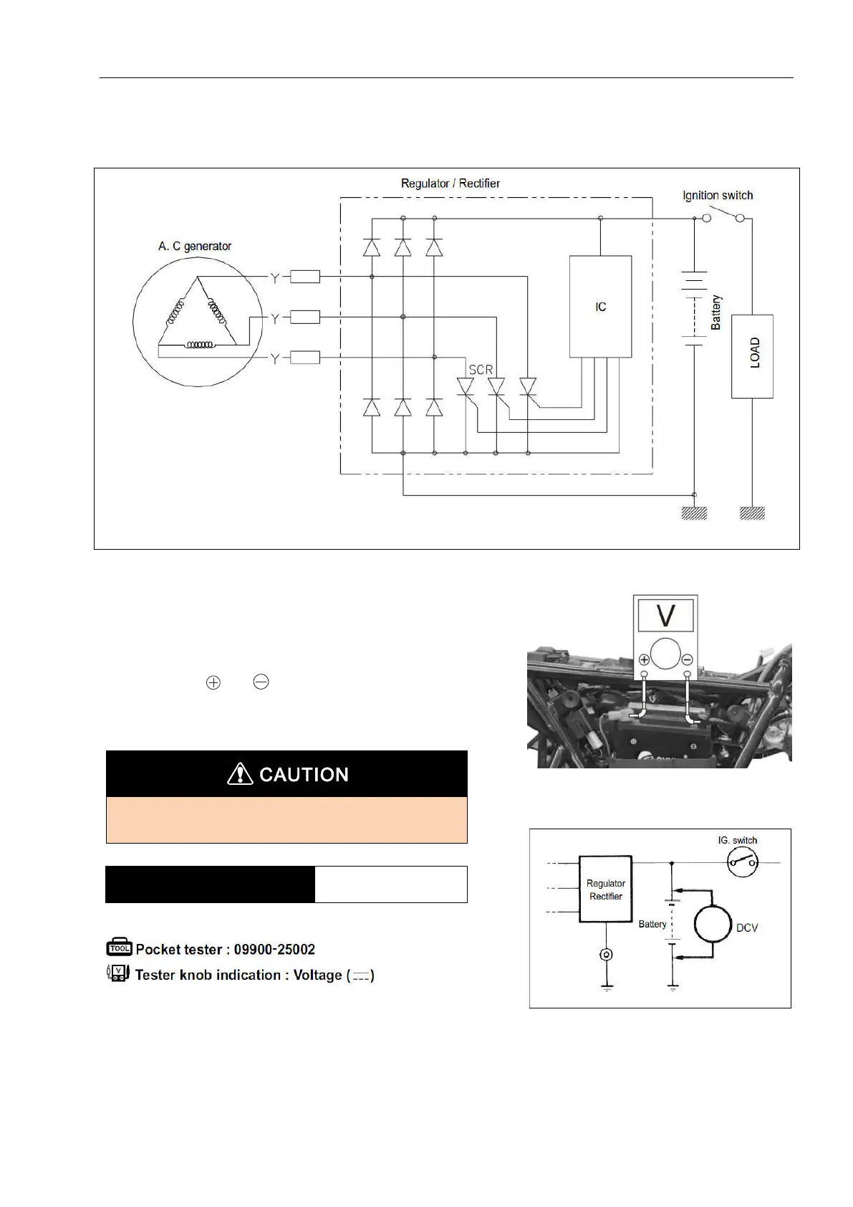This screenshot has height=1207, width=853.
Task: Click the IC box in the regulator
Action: pyautogui.click(x=600, y=307)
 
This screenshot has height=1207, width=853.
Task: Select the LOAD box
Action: pyautogui.click(x=752, y=356)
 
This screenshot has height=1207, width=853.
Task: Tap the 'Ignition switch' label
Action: pyautogui.click(x=717, y=196)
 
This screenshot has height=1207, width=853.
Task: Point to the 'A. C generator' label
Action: pyautogui.click(x=195, y=247)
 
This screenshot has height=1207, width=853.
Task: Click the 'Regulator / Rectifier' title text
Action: pyautogui.click(x=450, y=183)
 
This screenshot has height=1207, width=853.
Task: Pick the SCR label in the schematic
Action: pyautogui.click(x=481, y=371)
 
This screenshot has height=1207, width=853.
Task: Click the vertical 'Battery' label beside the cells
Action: pyautogui.click(x=715, y=313)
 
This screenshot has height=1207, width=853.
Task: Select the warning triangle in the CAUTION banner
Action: pyautogui.click(x=240, y=774)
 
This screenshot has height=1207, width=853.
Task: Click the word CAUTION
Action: pyautogui.click(x=304, y=775)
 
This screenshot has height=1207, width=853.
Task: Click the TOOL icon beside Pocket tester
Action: pyautogui.click(x=119, y=949)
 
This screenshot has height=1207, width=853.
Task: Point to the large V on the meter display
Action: pyautogui.click(x=665, y=615)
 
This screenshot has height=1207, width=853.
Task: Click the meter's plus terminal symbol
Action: pyautogui.click(x=644, y=660)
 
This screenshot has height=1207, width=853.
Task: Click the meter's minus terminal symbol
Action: pyautogui.click(x=687, y=660)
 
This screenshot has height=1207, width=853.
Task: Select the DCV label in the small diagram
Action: pyautogui.click(x=747, y=928)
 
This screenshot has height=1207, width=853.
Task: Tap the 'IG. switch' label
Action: pyautogui.click(x=738, y=841)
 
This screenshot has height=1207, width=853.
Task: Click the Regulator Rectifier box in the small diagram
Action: pyautogui.click(x=606, y=889)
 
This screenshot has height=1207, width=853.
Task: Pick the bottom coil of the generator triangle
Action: pyautogui.click(x=199, y=345)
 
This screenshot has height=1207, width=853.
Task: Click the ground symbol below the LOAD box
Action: pyautogui.click(x=752, y=513)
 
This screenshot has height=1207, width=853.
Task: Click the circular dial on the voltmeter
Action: pyautogui.click(x=665, y=653)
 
